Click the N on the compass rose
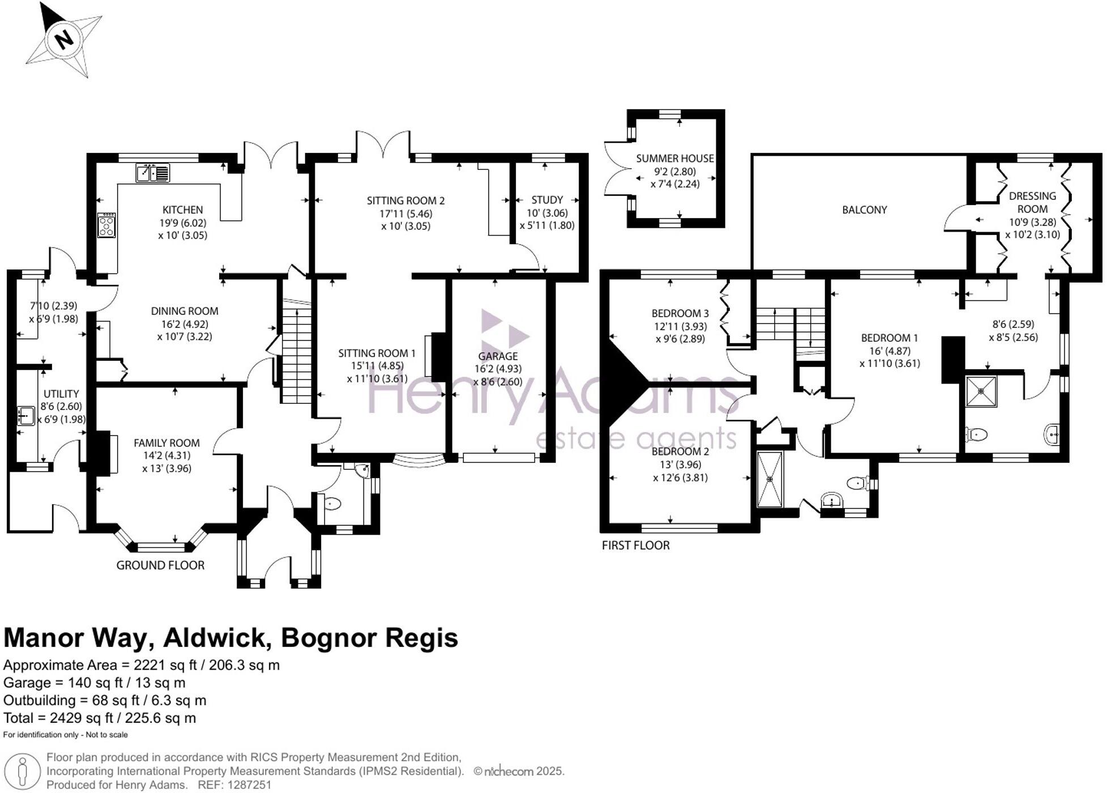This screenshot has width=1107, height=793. (x=64, y=40)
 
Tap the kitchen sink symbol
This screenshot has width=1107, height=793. (x=153, y=173)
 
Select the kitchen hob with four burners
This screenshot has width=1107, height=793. (x=106, y=225)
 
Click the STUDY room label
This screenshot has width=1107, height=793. (x=547, y=200)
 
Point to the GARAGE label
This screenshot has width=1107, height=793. (x=497, y=356)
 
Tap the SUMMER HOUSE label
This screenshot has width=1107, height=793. (x=674, y=159)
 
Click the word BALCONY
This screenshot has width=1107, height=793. (x=864, y=210)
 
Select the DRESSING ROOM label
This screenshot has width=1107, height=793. (x=1032, y=202)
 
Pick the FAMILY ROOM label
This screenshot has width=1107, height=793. (x=166, y=443)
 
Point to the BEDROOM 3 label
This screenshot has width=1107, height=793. (x=679, y=313)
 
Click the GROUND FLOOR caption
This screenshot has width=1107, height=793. (x=160, y=565)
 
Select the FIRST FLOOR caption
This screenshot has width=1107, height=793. (x=635, y=545)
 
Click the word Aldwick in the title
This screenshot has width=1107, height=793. (x=215, y=638)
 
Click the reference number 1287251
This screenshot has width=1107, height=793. (x=250, y=785)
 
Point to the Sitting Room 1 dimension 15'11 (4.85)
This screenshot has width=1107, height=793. (x=377, y=366)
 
